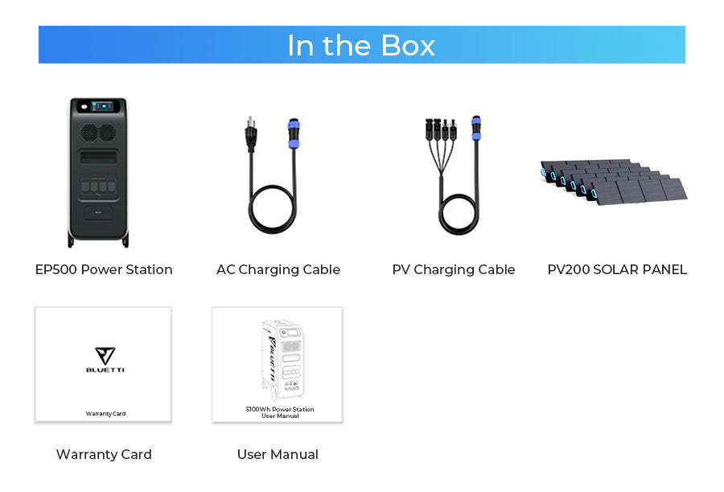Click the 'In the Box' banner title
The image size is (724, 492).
click(x=361, y=45)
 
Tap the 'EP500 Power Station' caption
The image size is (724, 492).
click(x=104, y=269)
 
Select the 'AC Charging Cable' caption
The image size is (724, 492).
click(x=278, y=269)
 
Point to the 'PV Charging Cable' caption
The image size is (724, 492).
click(x=454, y=269)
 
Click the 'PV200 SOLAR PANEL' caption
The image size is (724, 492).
click(x=617, y=269)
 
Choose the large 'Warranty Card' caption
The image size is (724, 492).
click(x=104, y=454)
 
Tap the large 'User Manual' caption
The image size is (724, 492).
click(x=278, y=454)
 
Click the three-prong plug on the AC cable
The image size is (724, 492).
click(x=251, y=133)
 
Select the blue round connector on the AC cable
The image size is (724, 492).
click(x=294, y=133)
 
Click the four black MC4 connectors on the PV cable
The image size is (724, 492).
click(x=441, y=129)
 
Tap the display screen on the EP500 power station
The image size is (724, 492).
click(x=102, y=107)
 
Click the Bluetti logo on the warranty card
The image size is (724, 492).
click(x=105, y=359)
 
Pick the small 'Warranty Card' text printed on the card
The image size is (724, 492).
click(x=105, y=413)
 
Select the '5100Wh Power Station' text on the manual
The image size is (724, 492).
click(x=280, y=409)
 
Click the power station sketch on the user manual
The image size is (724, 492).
click(x=282, y=360)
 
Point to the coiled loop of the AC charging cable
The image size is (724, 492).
click(x=273, y=209)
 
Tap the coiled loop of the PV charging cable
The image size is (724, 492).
click(x=459, y=214)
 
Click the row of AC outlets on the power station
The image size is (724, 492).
click(x=98, y=187)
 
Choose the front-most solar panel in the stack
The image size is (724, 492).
click(x=640, y=191)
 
